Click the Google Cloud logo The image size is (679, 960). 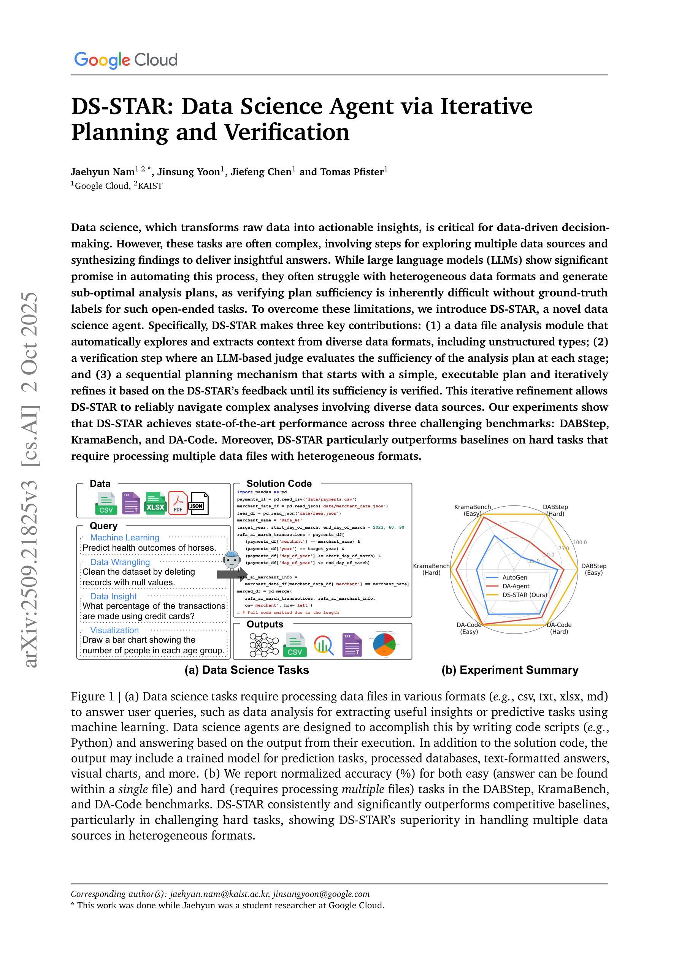tap(125, 60)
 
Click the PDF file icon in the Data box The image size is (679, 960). tap(178, 503)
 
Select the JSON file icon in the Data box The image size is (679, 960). tap(199, 504)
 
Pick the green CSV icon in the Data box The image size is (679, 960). tap(106, 504)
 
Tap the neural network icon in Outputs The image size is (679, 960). tap(264, 645)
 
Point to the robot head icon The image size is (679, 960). tap(232, 560)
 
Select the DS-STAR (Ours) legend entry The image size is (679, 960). tap(524, 595)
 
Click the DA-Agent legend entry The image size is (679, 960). tap(516, 586)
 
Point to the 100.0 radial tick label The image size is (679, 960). tap(580, 542)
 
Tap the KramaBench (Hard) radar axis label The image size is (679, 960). tap(432, 569)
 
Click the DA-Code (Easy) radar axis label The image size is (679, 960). tap(469, 628)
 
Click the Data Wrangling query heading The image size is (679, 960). tap(120, 562)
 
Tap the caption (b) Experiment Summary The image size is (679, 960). tap(510, 670)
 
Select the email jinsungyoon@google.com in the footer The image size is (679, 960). tap(321, 894)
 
